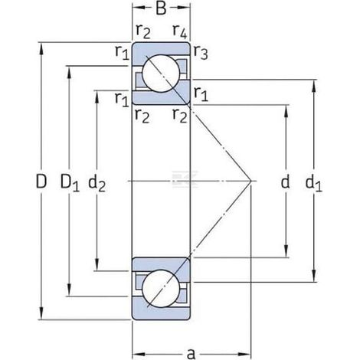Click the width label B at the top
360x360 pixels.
tap(161, 8)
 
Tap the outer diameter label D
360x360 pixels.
tap(41, 182)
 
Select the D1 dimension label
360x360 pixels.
tap(70, 182)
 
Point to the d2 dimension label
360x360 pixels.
tap(97, 183)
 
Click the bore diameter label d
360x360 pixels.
tap(285, 182)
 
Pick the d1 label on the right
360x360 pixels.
tap(314, 183)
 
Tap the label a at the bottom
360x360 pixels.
tap(191, 354)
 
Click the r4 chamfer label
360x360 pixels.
tap(180, 31)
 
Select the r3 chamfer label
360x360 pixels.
tap(201, 52)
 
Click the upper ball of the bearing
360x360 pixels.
tap(161, 74)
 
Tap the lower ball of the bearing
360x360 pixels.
tap(161, 289)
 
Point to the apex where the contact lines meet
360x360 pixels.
tap(250, 181)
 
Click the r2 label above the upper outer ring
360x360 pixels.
tap(143, 31)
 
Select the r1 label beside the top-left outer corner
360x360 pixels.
tap(122, 52)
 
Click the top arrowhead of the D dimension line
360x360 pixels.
tap(41, 48)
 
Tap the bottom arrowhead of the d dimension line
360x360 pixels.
tap(286, 251)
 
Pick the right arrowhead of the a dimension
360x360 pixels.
tap(244, 354)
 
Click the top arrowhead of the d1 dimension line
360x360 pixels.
tap(314, 86)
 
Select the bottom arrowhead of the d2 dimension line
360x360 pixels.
tap(97, 264)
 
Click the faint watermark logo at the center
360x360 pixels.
tap(185, 178)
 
